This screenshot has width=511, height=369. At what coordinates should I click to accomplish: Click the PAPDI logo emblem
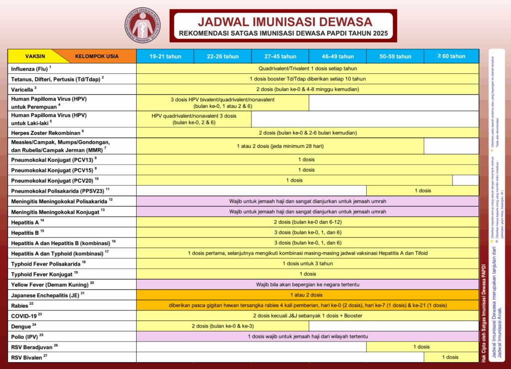[x=143, y=25]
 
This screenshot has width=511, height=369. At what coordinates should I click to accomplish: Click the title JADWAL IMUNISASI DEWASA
[x=285, y=22]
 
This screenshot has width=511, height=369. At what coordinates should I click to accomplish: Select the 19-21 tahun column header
[x=165, y=56]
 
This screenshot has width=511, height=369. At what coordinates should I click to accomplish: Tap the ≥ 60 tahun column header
[x=451, y=56]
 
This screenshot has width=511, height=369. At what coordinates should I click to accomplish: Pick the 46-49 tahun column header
[x=338, y=56]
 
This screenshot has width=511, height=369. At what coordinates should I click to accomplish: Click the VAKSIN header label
[x=35, y=56]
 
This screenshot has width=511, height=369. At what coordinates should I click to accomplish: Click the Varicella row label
[x=24, y=89]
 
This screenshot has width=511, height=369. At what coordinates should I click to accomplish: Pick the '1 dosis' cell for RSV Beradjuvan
[x=422, y=347]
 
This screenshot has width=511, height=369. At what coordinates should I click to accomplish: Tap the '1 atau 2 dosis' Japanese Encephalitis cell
[x=307, y=295]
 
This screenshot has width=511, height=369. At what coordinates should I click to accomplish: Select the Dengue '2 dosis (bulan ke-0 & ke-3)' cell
[x=223, y=326]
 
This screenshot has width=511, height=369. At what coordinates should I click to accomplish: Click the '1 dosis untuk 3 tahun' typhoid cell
[x=307, y=264]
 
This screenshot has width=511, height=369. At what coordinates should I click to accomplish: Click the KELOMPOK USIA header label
[x=97, y=56]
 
